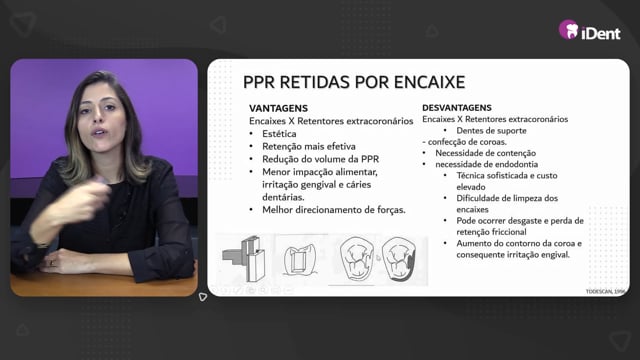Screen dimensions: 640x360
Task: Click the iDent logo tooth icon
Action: (x=569, y=29)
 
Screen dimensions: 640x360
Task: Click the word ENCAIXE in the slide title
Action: (x=429, y=82)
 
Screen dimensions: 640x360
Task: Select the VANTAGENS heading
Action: (x=278, y=108)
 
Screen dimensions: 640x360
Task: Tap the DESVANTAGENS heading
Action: (x=457, y=108)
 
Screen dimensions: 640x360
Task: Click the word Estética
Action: (x=279, y=134)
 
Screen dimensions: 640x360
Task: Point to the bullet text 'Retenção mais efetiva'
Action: (x=309, y=147)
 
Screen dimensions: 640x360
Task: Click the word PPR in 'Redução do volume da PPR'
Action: (x=370, y=159)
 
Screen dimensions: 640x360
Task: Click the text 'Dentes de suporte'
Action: (x=491, y=131)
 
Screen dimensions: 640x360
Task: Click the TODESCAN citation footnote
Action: (x=605, y=291)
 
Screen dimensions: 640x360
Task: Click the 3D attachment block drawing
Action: (x=244, y=259)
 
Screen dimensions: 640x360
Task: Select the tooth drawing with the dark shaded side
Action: (x=399, y=259)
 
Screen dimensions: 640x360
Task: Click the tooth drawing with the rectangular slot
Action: (x=300, y=260)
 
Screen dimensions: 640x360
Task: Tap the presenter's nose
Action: (x=98, y=118)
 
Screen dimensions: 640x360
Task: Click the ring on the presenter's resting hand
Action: (x=51, y=263)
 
